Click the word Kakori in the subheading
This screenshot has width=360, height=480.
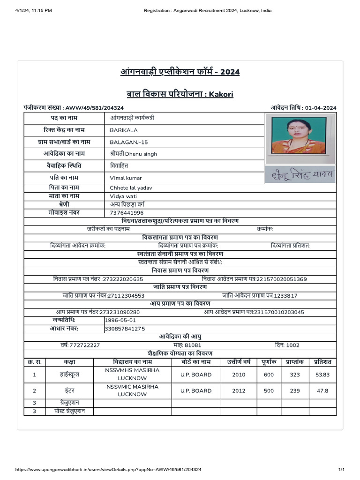point(221,94)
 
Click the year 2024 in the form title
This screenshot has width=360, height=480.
point(230,72)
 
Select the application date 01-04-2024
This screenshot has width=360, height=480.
point(320,108)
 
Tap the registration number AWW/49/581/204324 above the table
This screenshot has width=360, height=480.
point(94,108)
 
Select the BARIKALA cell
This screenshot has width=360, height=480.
point(124,130)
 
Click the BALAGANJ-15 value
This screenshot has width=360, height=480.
point(126,142)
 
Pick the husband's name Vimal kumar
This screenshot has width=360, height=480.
point(126,178)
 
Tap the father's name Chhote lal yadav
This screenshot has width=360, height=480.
point(131,188)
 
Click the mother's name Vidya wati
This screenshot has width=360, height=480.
point(124,196)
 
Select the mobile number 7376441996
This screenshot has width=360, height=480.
point(127,213)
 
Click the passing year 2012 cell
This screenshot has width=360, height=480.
point(239,390)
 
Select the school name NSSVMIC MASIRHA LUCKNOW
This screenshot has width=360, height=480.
point(132,390)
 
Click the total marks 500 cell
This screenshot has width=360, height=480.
point(269,390)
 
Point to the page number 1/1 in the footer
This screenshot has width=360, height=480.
point(342,469)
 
